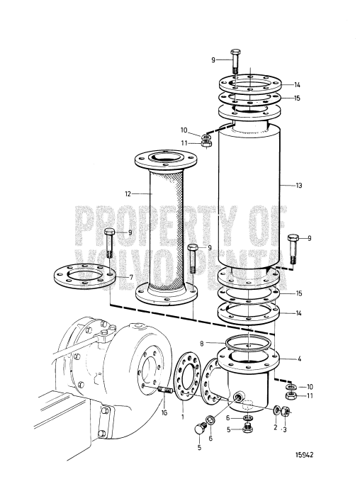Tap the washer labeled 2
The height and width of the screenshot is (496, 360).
[276, 410]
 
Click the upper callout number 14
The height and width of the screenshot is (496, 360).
[298, 84]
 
